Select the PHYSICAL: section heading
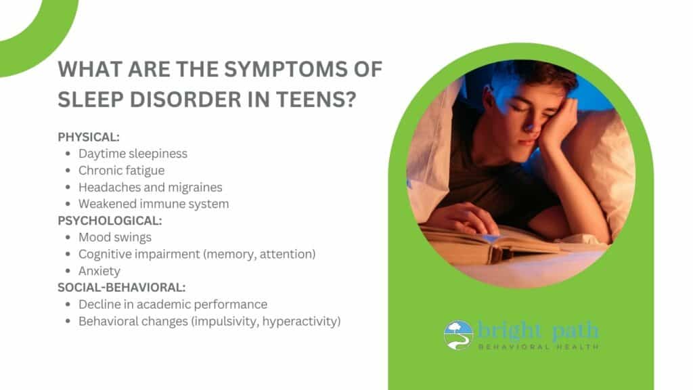[x=89, y=137]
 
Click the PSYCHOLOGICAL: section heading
[x=110, y=221]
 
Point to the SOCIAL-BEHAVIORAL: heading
[x=122, y=287]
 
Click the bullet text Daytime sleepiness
[x=133, y=154]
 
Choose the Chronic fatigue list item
[x=122, y=171]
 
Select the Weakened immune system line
[x=154, y=204]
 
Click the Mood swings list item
[x=115, y=238]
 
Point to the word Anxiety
[x=99, y=271]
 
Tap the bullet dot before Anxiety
[x=68, y=271]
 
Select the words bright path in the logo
[x=538, y=330]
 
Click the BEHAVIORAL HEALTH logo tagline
[x=538, y=347]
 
